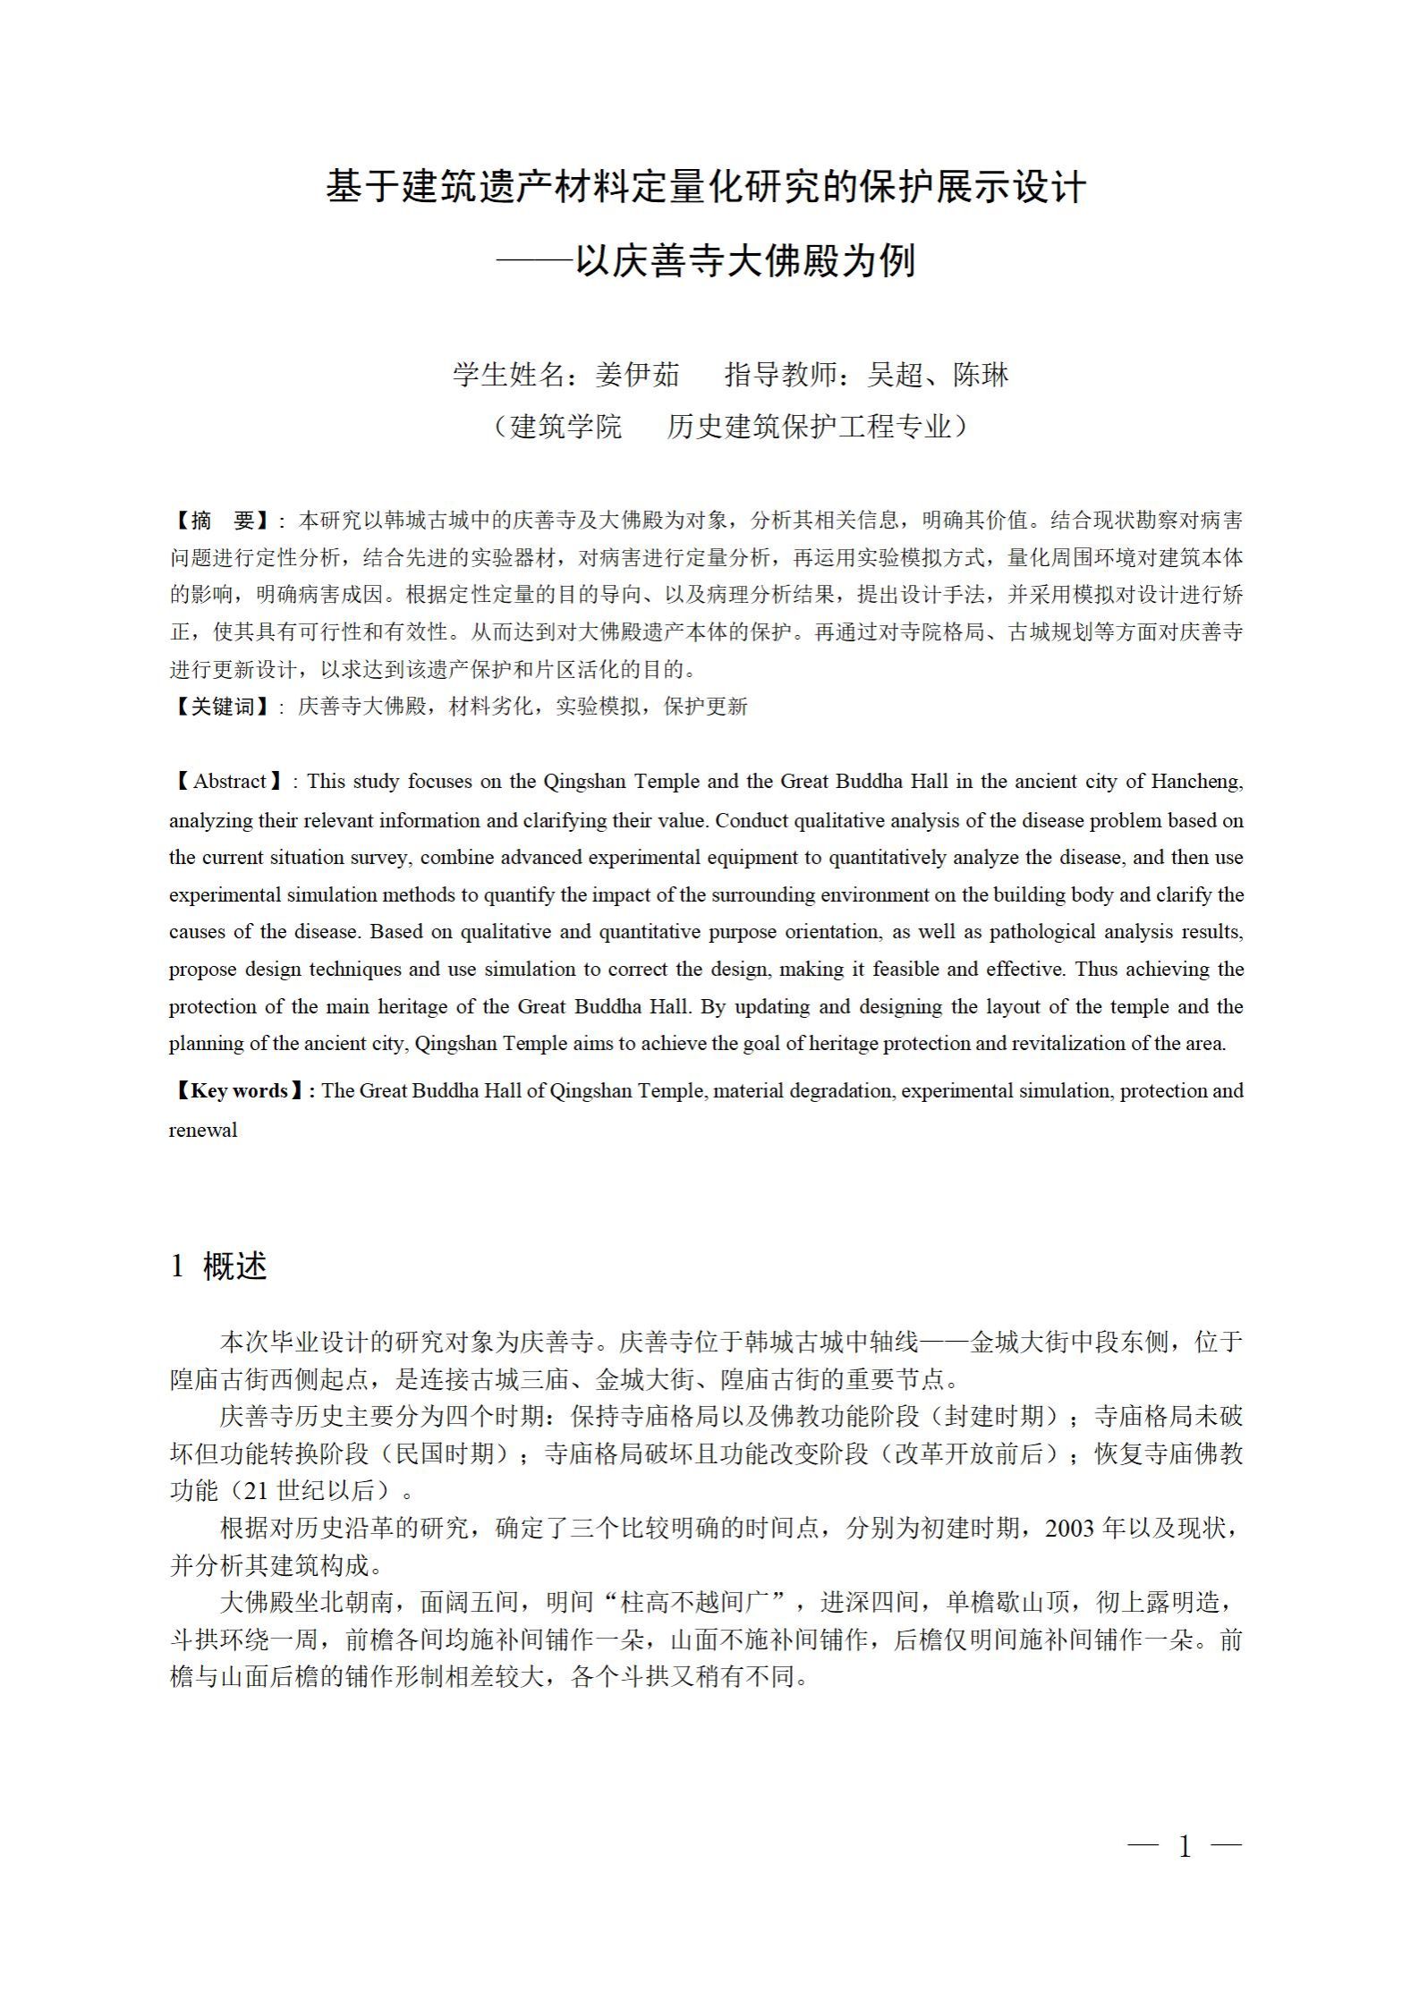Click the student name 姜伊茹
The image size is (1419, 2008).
[x=637, y=375]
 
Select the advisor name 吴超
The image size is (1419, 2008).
[x=896, y=375]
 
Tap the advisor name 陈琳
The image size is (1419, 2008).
[x=981, y=375]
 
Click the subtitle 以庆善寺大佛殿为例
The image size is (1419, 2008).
[x=744, y=262]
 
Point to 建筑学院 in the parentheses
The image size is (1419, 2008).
[x=565, y=427]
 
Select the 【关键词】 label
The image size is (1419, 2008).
[x=223, y=707]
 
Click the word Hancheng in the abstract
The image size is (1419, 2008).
[x=1197, y=782]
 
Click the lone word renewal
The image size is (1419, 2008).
[x=203, y=1130]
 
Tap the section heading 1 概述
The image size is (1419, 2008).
[x=218, y=1266]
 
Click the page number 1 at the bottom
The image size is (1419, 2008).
[x=1185, y=1846]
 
